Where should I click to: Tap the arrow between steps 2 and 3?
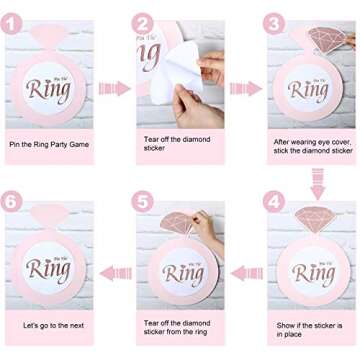[x=245, y=89]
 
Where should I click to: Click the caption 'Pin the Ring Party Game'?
[x=49, y=144]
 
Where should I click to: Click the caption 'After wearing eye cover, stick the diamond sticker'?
[x=313, y=146]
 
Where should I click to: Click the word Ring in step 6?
[x=48, y=270]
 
